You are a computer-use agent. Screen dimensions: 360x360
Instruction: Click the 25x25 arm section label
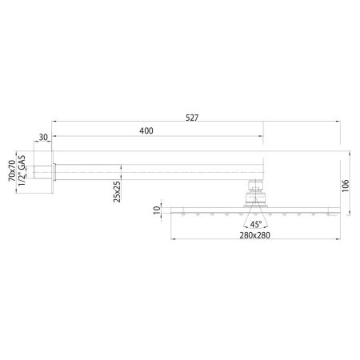(x=117, y=193)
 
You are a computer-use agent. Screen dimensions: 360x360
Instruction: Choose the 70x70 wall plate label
(x=13, y=171)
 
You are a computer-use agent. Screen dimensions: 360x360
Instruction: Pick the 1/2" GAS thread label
(x=24, y=171)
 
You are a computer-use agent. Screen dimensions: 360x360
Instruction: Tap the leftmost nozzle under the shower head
(x=186, y=216)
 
